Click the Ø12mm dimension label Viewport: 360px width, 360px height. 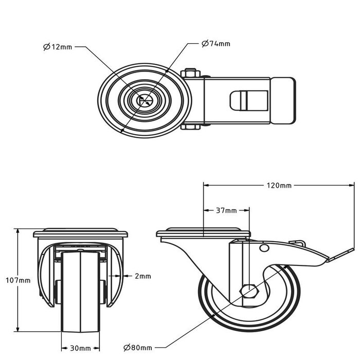click(x=58, y=47)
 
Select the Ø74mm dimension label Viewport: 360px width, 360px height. click(x=215, y=44)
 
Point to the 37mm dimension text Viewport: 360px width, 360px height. click(x=227, y=210)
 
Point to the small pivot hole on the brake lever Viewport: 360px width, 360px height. click(x=265, y=249)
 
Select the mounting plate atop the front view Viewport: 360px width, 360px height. click(x=80, y=231)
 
